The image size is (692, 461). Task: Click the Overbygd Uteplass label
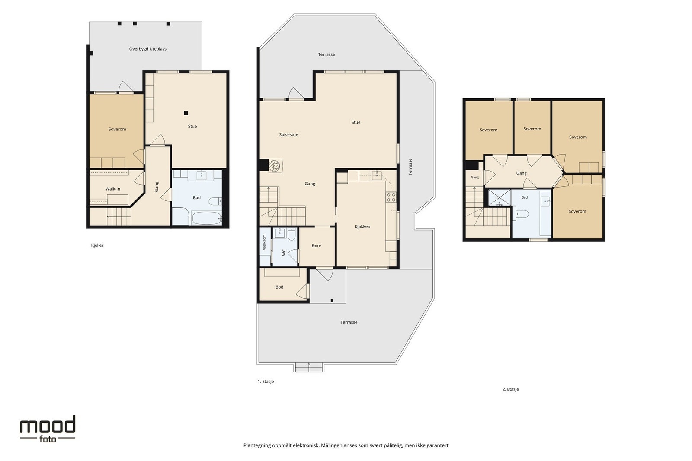click(x=147, y=49)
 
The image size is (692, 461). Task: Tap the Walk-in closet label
click(x=113, y=189)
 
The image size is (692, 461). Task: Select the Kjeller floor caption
click(x=97, y=245)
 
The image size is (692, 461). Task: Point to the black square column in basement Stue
click(x=186, y=113)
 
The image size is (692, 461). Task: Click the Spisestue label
click(x=288, y=134)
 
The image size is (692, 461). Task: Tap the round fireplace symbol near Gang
click(x=274, y=166)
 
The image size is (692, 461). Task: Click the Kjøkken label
click(x=362, y=226)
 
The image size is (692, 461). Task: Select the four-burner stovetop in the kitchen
click(x=391, y=197)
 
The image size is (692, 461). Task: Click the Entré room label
click(x=316, y=245)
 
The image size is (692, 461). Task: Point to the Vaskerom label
click(x=264, y=242)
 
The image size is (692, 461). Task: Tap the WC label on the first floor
click(x=284, y=253)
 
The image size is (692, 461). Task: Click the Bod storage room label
click(x=279, y=287)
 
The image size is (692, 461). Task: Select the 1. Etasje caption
click(x=266, y=382)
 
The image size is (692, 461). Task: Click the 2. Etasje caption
click(x=510, y=389)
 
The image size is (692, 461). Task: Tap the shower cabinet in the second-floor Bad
click(x=499, y=197)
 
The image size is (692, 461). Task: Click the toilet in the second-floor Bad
click(x=522, y=213)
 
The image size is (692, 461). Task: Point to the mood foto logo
click(x=48, y=429)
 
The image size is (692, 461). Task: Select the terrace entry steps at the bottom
click(x=309, y=368)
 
